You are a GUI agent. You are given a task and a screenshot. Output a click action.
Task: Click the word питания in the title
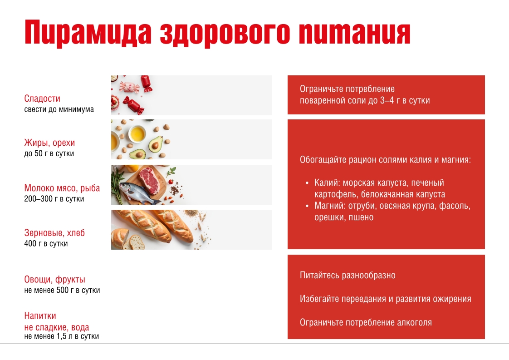point(354,33)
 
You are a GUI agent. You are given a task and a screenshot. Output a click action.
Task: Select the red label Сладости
point(42,99)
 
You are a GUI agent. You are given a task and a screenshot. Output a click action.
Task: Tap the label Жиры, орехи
point(49,143)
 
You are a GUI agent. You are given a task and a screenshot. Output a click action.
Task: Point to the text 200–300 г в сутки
point(54,199)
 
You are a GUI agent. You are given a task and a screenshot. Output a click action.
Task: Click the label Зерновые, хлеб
point(54,233)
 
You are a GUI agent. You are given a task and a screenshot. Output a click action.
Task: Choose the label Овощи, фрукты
point(55,280)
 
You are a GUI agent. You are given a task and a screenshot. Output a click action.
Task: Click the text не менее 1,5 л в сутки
point(62,336)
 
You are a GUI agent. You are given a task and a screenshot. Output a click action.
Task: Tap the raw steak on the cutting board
point(150,180)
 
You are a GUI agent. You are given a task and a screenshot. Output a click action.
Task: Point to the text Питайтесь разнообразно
point(347,276)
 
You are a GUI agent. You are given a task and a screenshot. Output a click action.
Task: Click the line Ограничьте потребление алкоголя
point(366,323)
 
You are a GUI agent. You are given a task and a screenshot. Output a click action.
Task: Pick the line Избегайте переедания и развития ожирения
point(385,299)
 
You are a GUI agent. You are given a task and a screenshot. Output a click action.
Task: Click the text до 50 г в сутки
point(49,153)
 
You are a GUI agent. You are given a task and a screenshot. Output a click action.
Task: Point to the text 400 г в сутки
point(46,243)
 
